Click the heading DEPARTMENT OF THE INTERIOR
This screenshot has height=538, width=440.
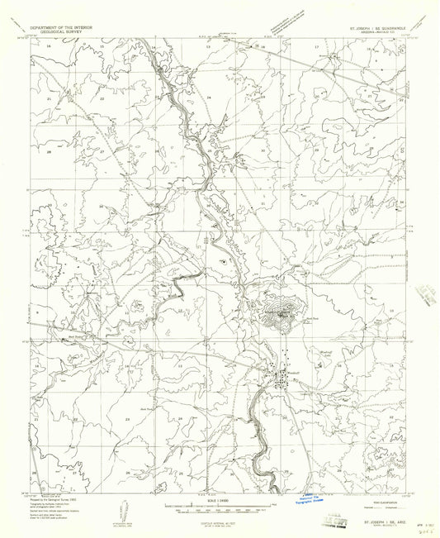coord(60,26)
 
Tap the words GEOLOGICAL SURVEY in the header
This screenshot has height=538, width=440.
coord(60,31)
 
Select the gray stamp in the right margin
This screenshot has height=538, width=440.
coord(427,292)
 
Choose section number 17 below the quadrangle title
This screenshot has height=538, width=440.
coord(316,48)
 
